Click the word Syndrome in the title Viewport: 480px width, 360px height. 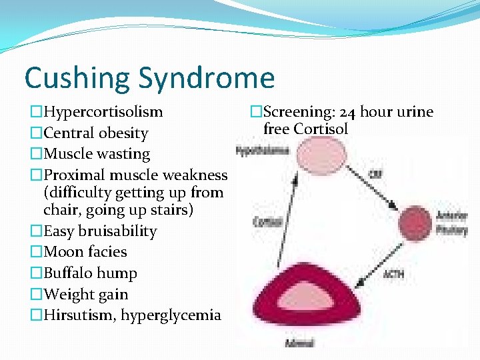click(x=207, y=77)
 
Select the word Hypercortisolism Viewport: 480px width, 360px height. click(x=103, y=112)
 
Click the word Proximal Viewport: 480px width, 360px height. click(x=74, y=175)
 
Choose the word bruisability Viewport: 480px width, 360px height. click(x=117, y=231)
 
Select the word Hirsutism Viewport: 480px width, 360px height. click(x=74, y=315)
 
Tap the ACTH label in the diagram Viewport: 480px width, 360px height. click(x=393, y=274)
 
